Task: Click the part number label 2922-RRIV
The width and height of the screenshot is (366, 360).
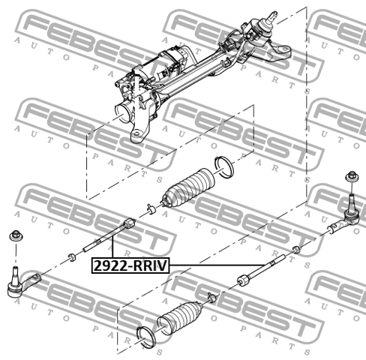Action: pos(130,265)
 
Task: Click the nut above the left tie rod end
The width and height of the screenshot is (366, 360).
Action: pos(16,235)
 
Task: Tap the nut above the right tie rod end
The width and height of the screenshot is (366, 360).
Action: pos(352,176)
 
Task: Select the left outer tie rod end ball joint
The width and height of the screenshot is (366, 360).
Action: pos(22,283)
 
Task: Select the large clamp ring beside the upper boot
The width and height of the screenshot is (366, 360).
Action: pos(224,166)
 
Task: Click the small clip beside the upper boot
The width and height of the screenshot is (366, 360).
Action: pos(151,209)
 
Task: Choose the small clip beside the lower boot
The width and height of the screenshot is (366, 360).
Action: pos(212,297)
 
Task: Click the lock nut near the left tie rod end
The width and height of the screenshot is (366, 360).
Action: pos(72,257)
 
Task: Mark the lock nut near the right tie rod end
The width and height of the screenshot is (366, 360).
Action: pos(295,249)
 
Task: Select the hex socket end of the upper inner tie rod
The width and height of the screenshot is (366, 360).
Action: pos(130,223)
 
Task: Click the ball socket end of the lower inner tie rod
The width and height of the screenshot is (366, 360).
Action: pos(244,280)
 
